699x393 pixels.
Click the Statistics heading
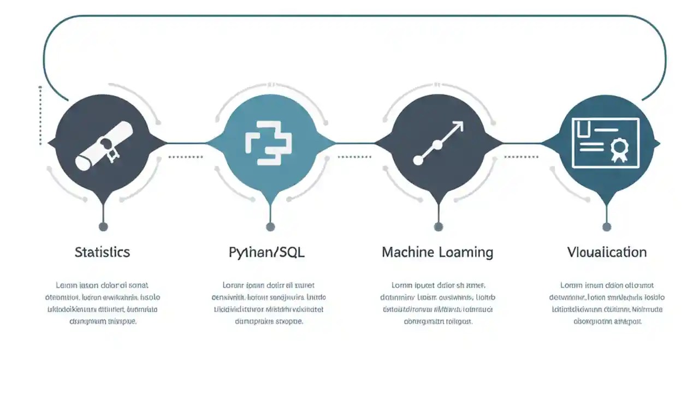102,252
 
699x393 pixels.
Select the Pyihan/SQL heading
266,252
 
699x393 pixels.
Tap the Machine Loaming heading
437,252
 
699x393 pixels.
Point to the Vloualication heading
607,252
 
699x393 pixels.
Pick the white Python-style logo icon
269,141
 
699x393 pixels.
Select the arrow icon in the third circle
439,143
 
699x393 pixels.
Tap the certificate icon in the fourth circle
605,142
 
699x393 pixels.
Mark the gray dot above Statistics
103,227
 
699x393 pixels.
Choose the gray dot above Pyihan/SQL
270,227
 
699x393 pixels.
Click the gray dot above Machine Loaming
438,227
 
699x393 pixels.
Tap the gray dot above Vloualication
606,227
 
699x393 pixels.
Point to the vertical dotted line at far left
40,116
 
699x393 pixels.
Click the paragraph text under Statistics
103,303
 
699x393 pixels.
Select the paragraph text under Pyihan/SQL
269,303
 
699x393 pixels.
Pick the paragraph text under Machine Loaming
437,303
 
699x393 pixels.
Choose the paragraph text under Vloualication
607,303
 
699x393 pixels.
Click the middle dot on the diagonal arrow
437,145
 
